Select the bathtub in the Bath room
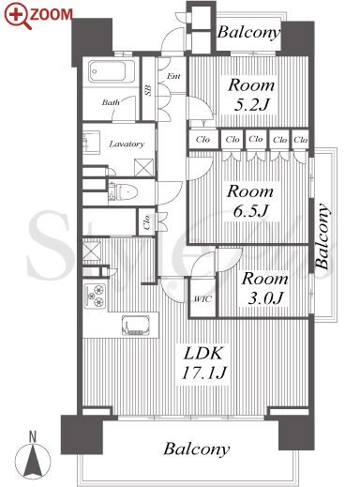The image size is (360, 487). click(x=112, y=71)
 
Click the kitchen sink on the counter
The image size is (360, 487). click(x=135, y=326)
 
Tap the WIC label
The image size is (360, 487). click(x=202, y=299)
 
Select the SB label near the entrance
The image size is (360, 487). click(x=148, y=90)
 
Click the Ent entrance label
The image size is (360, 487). click(x=173, y=76)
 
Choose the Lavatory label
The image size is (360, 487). click(x=127, y=145)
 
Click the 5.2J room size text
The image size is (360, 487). click(x=251, y=105)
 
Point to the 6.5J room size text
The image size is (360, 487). click(x=250, y=211)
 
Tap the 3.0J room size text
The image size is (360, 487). click(x=265, y=298)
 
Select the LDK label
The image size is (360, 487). click(x=203, y=354)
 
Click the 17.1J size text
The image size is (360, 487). click(x=203, y=373)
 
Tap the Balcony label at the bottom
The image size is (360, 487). click(x=197, y=449)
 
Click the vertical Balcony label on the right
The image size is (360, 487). click(x=322, y=236)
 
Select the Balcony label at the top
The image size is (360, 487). click(x=248, y=32)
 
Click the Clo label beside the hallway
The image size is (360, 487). click(x=146, y=222)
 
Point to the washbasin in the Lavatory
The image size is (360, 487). click(x=91, y=143)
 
